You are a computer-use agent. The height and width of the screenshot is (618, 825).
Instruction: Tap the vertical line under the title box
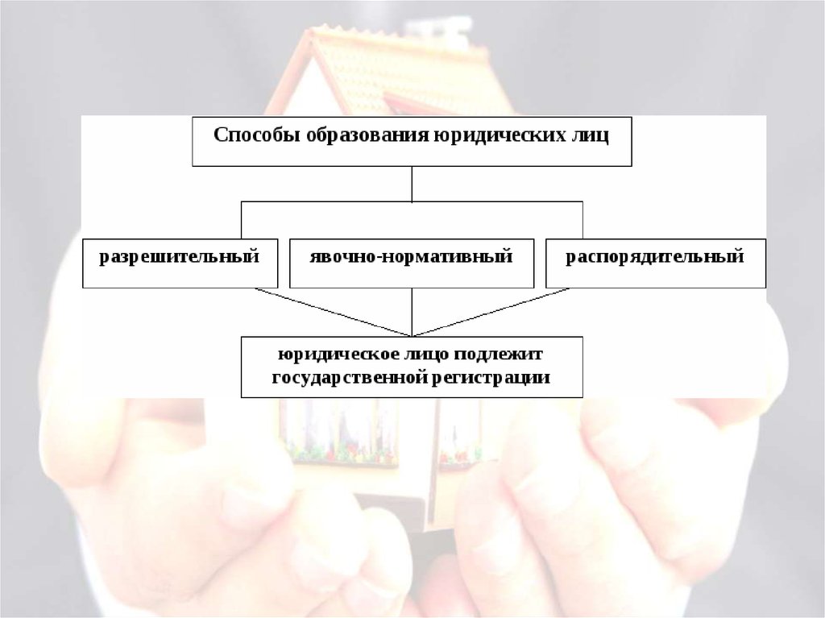tap(412, 184)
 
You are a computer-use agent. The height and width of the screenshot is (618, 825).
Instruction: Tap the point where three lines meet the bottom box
tap(412, 335)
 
